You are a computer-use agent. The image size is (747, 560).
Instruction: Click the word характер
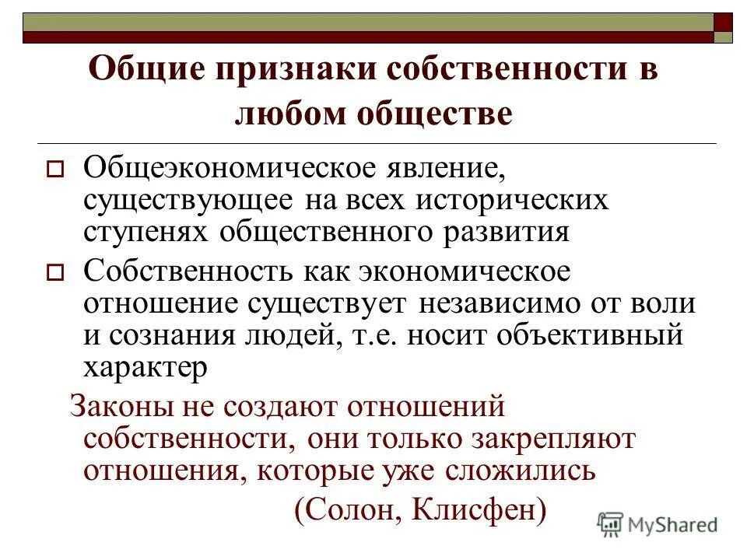146,367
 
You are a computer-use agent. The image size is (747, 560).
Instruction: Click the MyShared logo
658,524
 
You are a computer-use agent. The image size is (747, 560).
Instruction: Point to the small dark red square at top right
723,22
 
